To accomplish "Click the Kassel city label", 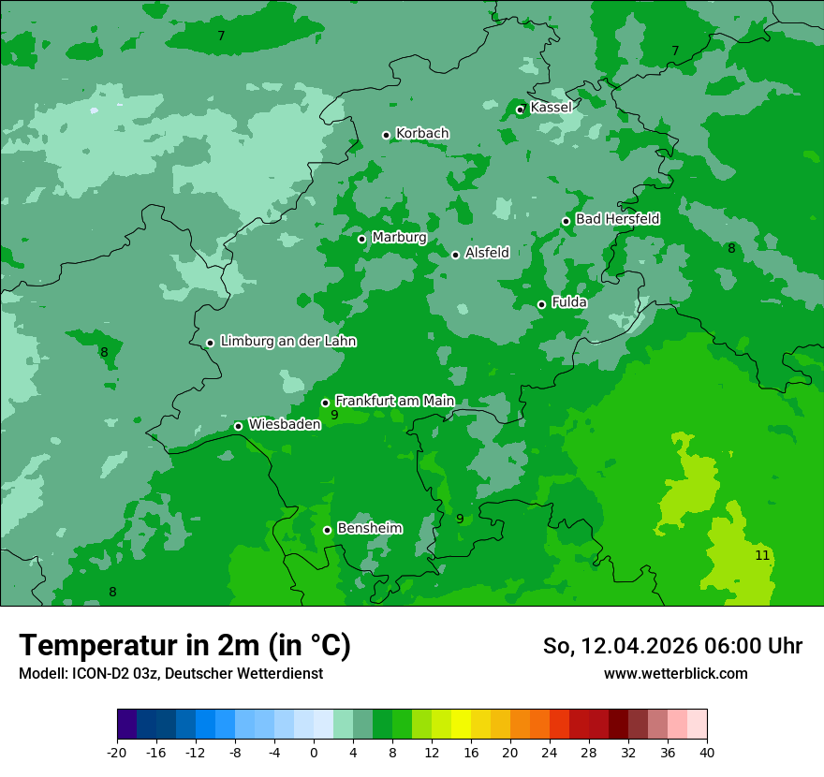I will pyautogui.click(x=551, y=108).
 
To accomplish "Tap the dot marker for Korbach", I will pyautogui.click(x=386, y=135).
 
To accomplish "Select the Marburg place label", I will pyautogui.click(x=399, y=238).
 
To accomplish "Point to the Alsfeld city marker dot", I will pyautogui.click(x=455, y=255).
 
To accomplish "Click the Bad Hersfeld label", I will pyautogui.click(x=617, y=219).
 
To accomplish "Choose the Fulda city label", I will pyautogui.click(x=569, y=302).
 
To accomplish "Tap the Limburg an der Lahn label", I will pyautogui.click(x=287, y=342).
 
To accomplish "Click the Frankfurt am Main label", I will pyautogui.click(x=394, y=401).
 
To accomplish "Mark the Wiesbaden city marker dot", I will pyautogui.click(x=238, y=426).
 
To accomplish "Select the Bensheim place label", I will pyautogui.click(x=369, y=528).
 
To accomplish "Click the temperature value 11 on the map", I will pyautogui.click(x=762, y=555).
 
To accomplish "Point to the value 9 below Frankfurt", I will pyautogui.click(x=334, y=415).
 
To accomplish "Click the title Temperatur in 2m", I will pyautogui.click(x=184, y=646).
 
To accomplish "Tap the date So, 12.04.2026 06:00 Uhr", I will pyautogui.click(x=672, y=646).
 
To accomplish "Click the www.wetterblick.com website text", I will pyautogui.click(x=675, y=674).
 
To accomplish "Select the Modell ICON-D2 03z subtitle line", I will pyautogui.click(x=170, y=674).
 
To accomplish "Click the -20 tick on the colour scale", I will pyautogui.click(x=117, y=753).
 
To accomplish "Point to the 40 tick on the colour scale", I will pyautogui.click(x=706, y=753).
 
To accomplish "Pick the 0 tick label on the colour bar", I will pyautogui.click(x=314, y=753).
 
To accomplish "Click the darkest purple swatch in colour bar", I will pyautogui.click(x=127, y=725).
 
